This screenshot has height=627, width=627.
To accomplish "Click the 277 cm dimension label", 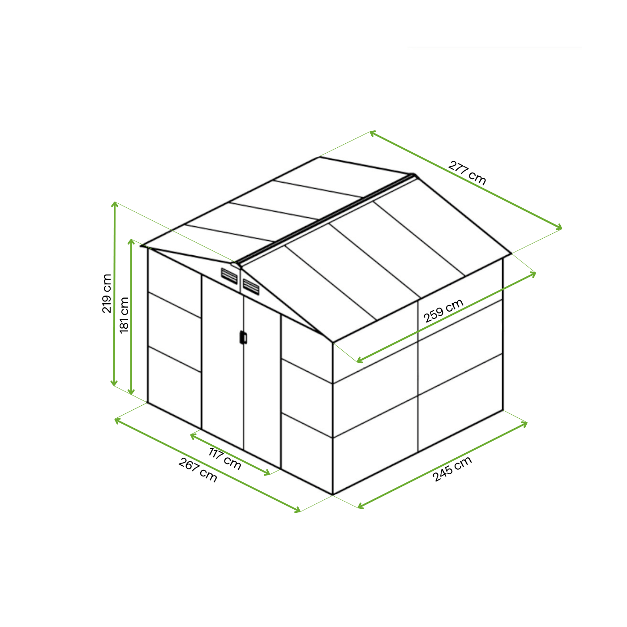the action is tap(467, 173).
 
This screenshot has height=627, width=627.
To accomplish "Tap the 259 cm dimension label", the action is tap(443, 310).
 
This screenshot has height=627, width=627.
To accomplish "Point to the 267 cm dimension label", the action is tap(198, 470).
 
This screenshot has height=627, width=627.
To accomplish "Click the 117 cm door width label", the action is tap(225, 459).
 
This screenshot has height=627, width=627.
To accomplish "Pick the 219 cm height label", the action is tap(107, 293).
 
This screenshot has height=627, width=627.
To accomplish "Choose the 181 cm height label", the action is tap(124, 315).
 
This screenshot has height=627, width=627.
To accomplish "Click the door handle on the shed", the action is tap(243, 337).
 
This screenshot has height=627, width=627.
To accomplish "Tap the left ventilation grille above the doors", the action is tap(229, 276).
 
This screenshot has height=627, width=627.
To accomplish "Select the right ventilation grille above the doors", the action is tap(251, 287).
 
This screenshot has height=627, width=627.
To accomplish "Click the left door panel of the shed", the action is tap(223, 362).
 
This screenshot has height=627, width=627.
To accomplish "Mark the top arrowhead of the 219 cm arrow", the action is tap(114, 204).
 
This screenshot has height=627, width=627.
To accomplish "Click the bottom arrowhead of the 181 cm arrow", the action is tap(131, 392).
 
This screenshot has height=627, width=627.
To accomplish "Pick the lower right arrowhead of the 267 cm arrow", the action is tap(297, 510).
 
